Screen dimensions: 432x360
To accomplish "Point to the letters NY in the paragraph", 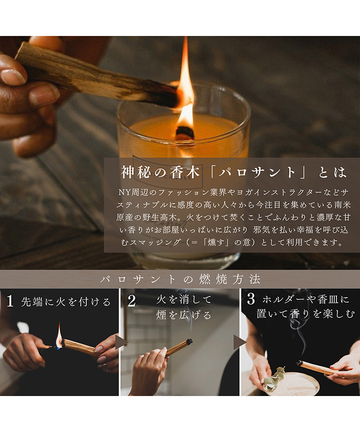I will pos(123,192).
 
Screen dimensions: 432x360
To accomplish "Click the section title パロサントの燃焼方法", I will pos(180,279).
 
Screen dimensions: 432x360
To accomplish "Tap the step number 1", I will pos(10,301).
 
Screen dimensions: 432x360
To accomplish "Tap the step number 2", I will pos(132,301).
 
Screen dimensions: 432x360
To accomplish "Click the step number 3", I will pos(251,300).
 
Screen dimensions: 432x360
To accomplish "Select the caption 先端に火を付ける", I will pos(66,302).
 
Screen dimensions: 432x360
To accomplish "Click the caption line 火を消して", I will pos(184,300).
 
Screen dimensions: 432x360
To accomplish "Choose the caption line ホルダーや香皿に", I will pos(306,300).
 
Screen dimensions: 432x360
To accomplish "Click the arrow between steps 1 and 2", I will pos(121,342).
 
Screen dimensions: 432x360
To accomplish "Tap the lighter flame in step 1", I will pos(59,335).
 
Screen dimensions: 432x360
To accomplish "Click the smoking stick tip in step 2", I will pos(189,342).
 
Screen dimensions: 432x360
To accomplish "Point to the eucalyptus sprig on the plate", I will pos(275,377).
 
